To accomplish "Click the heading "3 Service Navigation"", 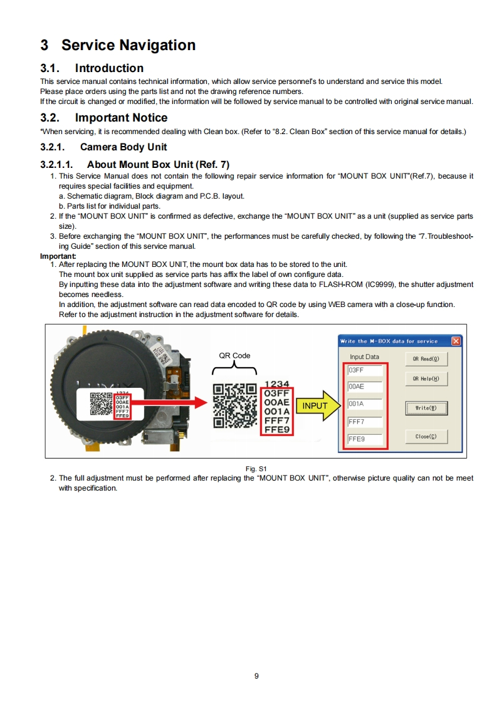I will click(118, 45).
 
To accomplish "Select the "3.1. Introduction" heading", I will click(92, 68).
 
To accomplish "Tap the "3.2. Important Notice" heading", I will click(104, 118).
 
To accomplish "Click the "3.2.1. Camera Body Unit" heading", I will click(104, 147).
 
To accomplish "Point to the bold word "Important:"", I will click(58, 256).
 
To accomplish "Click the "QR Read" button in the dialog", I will click(426, 360).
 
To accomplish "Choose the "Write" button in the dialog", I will click(426, 408).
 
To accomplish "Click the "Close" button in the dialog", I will click(426, 437).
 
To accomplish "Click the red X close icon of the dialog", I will click(456, 341).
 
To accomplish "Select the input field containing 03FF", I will click(365, 370).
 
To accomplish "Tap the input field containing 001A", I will click(365, 404).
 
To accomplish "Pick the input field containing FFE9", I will click(365, 439).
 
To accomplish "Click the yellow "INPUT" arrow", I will click(317, 405).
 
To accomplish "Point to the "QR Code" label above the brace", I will click(234, 355).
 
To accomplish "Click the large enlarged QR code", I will click(235, 405).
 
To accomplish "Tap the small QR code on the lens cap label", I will click(101, 405).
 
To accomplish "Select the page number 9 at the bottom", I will click(257, 675).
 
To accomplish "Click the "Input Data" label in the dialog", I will click(364, 357).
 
